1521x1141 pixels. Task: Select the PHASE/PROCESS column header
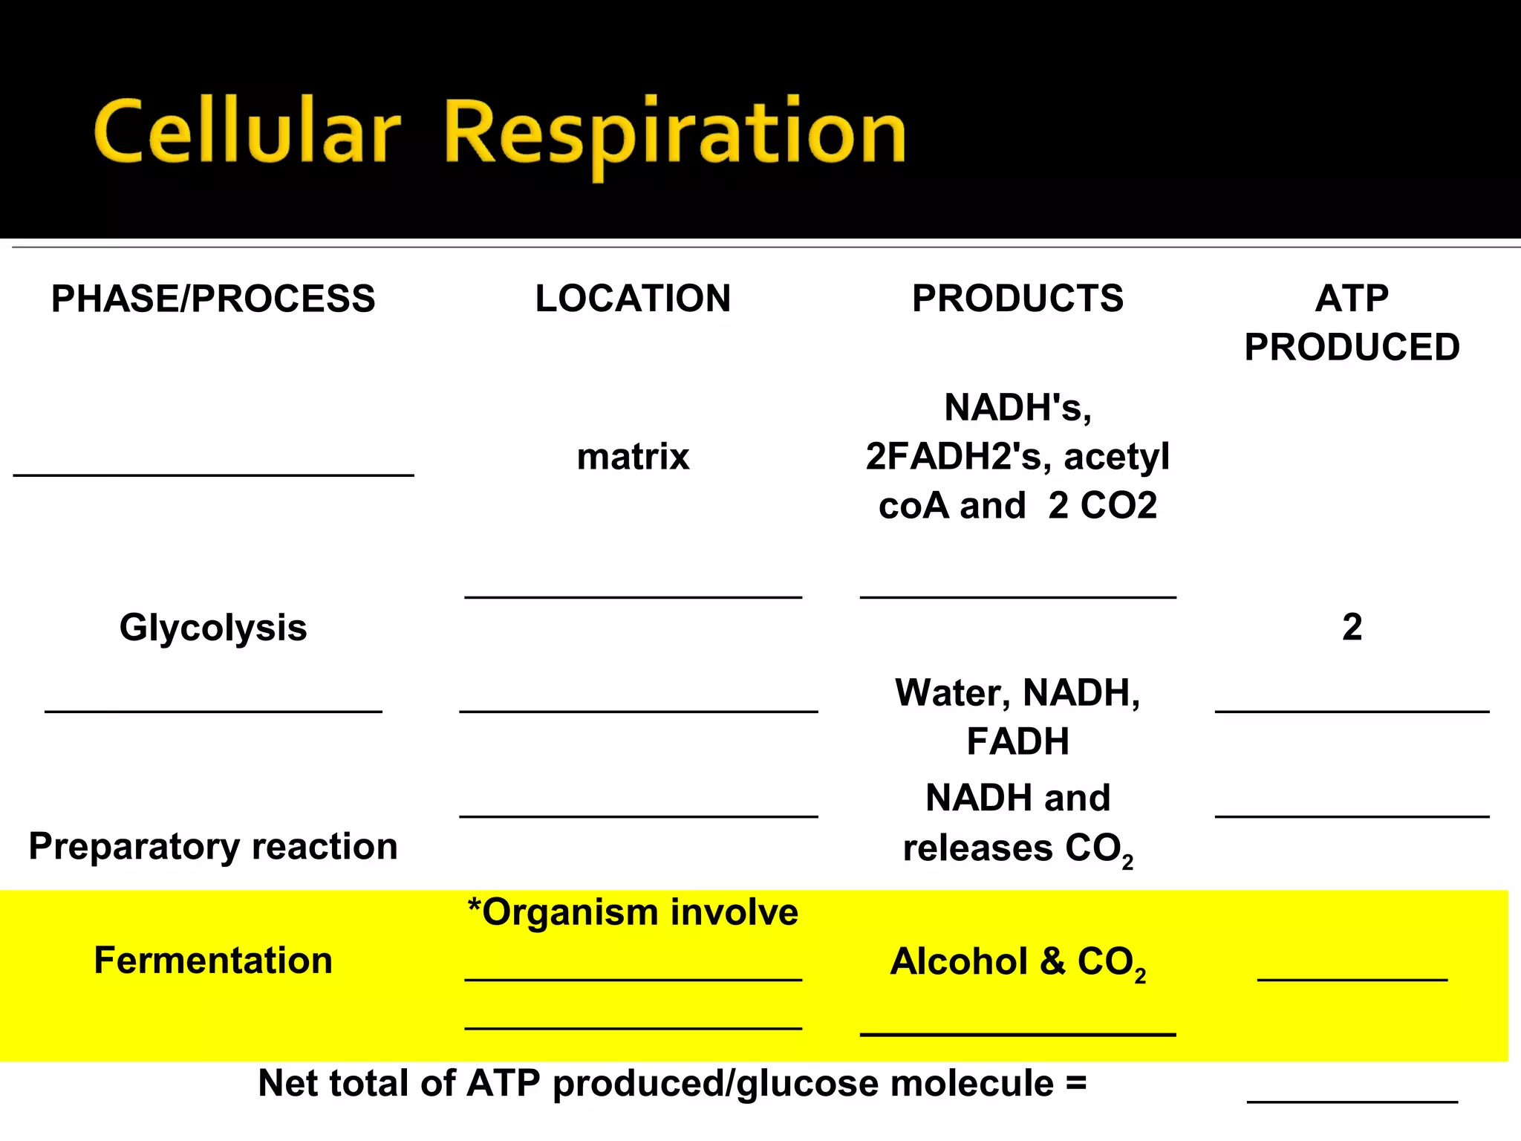213,299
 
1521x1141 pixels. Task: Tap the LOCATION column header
633,299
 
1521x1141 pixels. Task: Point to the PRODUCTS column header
1017,299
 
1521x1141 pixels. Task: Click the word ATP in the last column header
1352,299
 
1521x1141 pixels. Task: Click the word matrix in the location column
633,456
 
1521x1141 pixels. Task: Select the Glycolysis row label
213,628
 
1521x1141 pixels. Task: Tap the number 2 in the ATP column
1352,627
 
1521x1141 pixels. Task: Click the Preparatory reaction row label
213,846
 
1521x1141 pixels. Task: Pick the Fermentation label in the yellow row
213,960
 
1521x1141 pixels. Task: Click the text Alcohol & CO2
1017,962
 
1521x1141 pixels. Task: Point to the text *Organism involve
633,912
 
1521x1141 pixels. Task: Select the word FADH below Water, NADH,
1017,741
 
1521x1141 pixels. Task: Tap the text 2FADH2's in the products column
958,456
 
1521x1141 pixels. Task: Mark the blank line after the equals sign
1352,1100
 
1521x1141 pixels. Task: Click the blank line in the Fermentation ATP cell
1352,978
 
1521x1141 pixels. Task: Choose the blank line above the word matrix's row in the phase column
213,473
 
